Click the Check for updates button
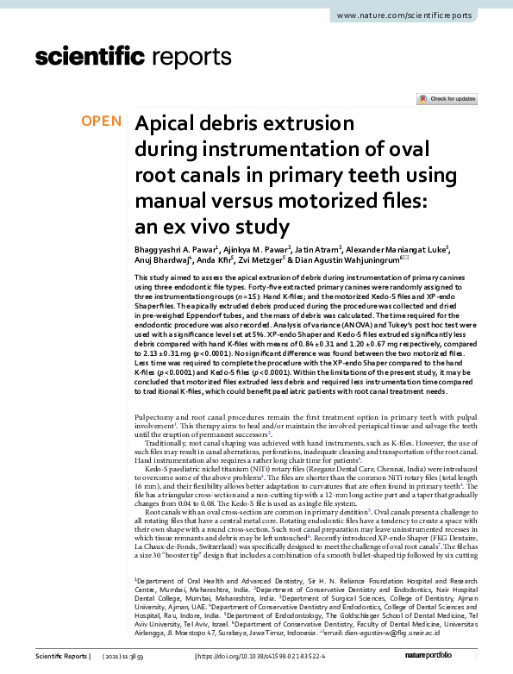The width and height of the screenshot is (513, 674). pyautogui.click(x=446, y=99)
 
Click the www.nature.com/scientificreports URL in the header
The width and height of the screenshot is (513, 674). pyautogui.click(x=416, y=16)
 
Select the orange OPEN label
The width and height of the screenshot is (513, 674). pyautogui.click(x=102, y=122)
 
